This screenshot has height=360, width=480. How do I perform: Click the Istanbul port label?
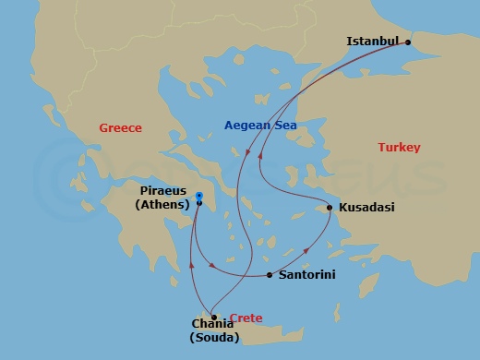click(372, 42)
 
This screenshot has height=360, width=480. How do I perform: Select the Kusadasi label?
click(366, 208)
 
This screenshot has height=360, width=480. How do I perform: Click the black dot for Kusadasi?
click(330, 207)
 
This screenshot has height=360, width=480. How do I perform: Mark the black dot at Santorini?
click(269, 275)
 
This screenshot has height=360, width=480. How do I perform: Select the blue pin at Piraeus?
click(199, 196)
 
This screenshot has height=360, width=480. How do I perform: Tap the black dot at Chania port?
click(213, 317)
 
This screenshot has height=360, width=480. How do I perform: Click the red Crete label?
click(246, 318)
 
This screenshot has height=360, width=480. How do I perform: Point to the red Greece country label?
click(120, 128)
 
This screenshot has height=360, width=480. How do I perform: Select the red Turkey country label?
click(399, 148)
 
